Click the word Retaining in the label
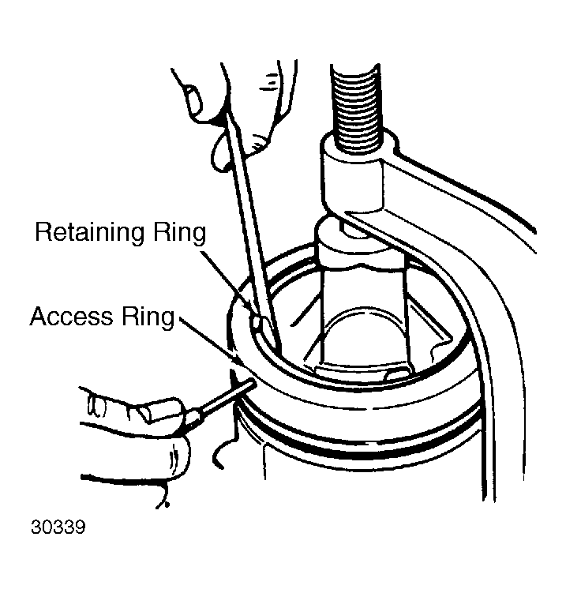pos(90,233)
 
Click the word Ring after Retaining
pos(180,233)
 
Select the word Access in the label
pos(72,316)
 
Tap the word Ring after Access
pos(148,317)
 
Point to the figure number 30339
pos(58,527)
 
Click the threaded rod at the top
pos(356,108)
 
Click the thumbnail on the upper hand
pos(193,100)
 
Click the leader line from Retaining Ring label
pos(226,280)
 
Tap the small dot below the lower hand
pos(167,504)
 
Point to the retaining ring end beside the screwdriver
pos(258,322)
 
